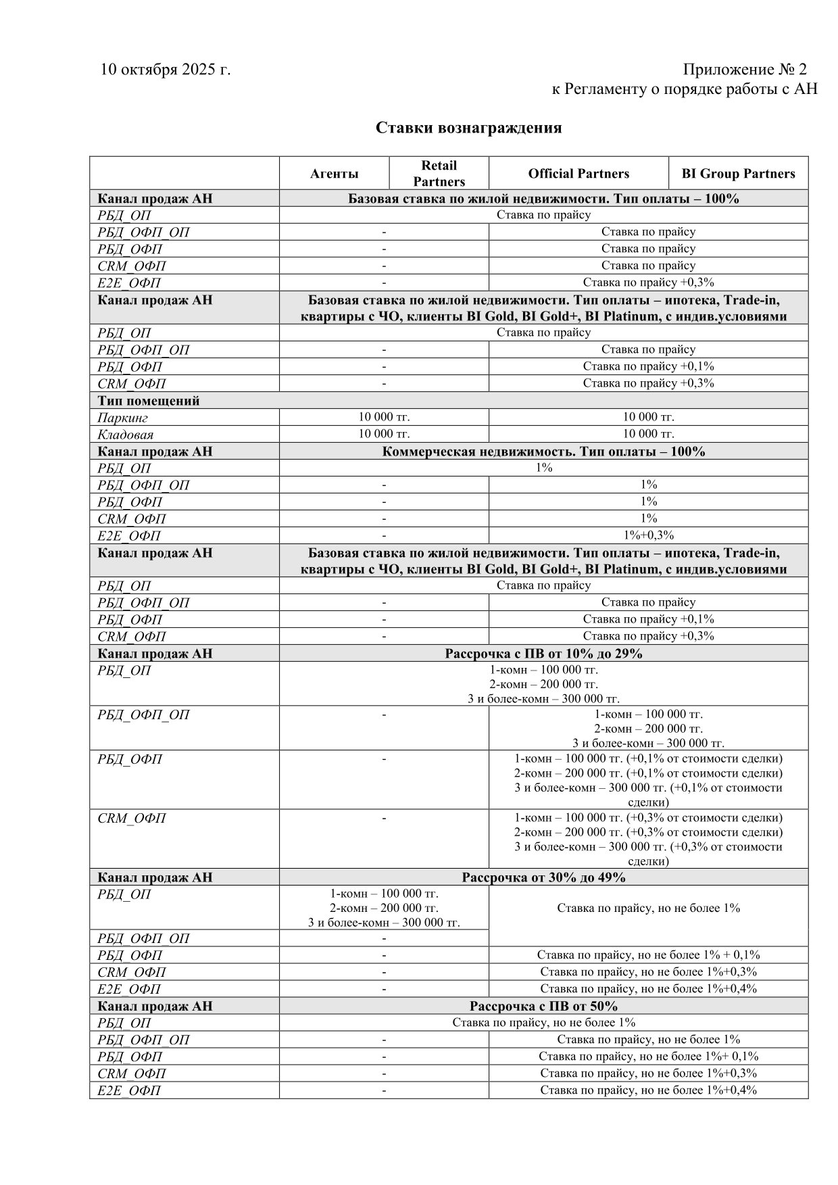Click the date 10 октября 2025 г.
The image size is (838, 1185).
tap(166, 70)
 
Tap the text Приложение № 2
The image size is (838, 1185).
tap(745, 70)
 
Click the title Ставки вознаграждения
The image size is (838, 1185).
tap(469, 128)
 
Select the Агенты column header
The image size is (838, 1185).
tap(334, 174)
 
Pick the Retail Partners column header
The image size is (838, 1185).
tap(439, 173)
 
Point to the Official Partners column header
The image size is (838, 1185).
tap(578, 174)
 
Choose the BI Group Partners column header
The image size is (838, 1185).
tap(738, 174)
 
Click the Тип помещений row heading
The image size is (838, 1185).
tap(149, 401)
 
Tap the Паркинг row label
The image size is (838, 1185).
tap(123, 418)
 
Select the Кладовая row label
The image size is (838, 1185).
tap(126, 435)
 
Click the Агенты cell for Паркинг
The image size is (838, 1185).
tap(384, 417)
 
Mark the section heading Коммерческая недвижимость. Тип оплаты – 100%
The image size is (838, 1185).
tap(543, 452)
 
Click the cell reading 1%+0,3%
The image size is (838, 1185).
tap(648, 535)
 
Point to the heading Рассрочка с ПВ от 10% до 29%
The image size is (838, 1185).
tap(543, 654)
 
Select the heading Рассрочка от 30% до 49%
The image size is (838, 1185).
tap(543, 877)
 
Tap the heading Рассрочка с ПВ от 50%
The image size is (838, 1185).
tap(543, 1006)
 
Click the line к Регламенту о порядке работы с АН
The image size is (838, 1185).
tap(685, 89)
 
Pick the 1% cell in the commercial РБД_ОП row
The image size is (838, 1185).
tap(543, 468)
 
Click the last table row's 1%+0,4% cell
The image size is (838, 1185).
tap(648, 1090)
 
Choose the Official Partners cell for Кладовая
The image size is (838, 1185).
tap(648, 434)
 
